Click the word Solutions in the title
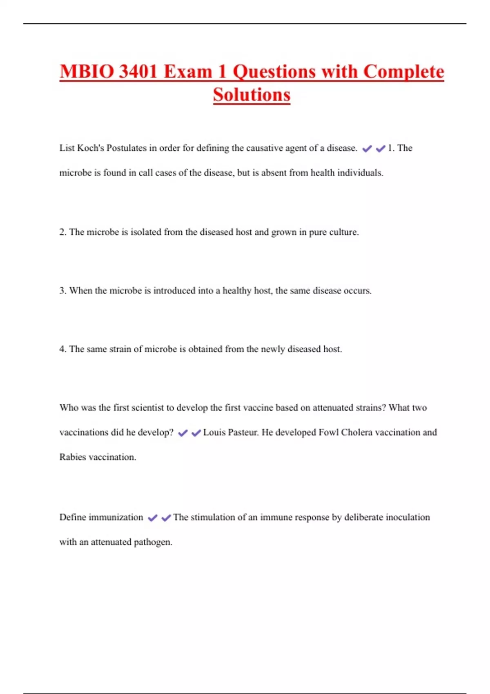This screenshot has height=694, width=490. (252, 95)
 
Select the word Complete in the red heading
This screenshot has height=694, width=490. (403, 72)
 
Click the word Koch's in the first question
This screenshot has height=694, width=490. (91, 148)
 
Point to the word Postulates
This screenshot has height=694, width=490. (126, 148)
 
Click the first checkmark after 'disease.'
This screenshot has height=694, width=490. (367, 149)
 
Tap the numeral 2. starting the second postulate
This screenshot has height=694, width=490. (63, 232)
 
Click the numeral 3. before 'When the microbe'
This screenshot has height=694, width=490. (63, 291)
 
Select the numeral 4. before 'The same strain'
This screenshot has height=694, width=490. (63, 349)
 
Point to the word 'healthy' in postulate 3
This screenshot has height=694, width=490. (237, 291)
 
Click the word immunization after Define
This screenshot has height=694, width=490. (116, 517)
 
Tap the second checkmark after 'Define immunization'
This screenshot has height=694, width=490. (166, 518)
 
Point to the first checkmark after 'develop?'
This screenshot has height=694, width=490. (183, 433)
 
